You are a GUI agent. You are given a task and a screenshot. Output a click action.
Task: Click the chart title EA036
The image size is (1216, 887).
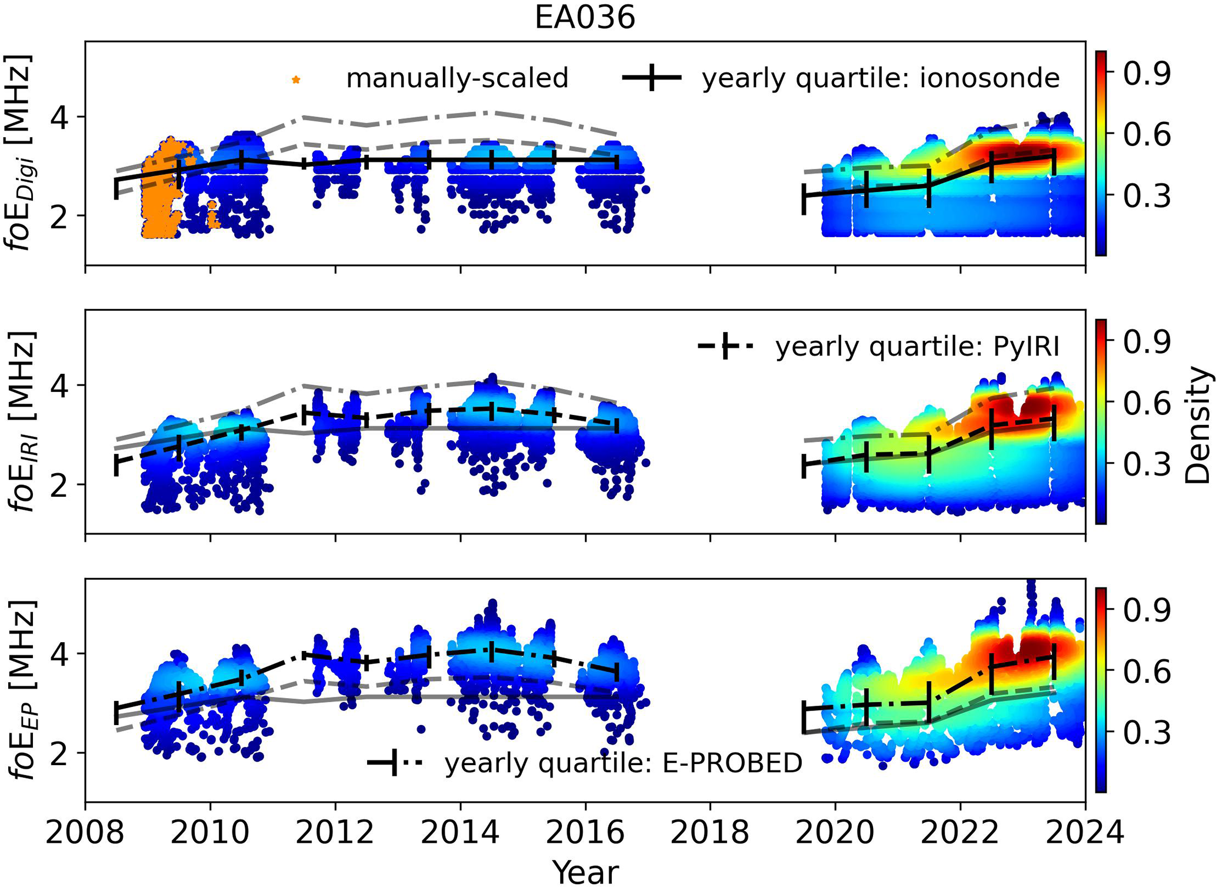pyautogui.click(x=585, y=18)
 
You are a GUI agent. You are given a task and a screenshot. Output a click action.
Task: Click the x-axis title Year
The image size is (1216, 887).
pyautogui.click(x=585, y=872)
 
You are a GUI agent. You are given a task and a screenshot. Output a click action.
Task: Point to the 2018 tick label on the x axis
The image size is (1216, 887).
pyautogui.click(x=710, y=833)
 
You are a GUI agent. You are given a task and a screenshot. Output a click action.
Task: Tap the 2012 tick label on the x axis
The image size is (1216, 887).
pyautogui.click(x=335, y=833)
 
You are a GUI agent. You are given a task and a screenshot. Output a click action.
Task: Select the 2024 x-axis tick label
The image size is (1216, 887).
pyautogui.click(x=1085, y=833)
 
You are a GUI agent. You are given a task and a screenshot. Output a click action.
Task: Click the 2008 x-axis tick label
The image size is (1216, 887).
pyautogui.click(x=86, y=833)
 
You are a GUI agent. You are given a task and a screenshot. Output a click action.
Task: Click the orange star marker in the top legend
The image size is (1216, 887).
pyautogui.click(x=296, y=79)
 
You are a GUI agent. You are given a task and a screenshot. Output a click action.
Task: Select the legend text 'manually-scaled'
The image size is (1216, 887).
pyautogui.click(x=457, y=78)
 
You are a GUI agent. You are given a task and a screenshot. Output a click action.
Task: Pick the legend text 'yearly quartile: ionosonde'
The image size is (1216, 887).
pyautogui.click(x=881, y=78)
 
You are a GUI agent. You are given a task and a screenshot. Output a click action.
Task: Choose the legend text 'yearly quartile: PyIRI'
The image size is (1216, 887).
pyautogui.click(x=917, y=347)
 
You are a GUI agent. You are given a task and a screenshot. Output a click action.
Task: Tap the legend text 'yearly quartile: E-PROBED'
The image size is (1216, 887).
pyautogui.click(x=624, y=763)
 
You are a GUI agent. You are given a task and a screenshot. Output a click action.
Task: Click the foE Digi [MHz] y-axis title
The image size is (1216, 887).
pyautogui.click(x=21, y=152)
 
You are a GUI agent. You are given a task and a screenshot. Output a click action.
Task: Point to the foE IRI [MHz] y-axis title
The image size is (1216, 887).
pyautogui.click(x=21, y=421)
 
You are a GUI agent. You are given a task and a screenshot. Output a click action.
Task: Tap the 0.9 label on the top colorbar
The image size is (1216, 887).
pyautogui.click(x=1147, y=74)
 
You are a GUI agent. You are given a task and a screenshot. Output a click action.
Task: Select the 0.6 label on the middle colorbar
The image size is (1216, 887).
pyautogui.click(x=1147, y=403)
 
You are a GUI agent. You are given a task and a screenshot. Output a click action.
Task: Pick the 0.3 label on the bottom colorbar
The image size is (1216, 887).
pyautogui.click(x=1147, y=733)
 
